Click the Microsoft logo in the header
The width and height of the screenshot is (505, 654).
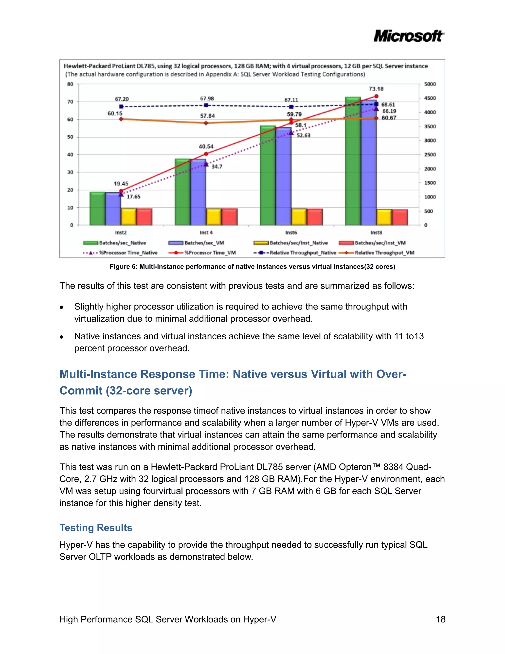409,36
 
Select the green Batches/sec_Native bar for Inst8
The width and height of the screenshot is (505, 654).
353,162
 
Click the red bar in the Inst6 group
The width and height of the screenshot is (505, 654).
315,217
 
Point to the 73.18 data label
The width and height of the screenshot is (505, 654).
376,89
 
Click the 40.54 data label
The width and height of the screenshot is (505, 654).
206,146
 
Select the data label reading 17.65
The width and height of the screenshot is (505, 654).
133,197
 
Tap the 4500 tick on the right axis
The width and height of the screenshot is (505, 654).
430,98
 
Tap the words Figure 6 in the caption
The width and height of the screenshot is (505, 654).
123,267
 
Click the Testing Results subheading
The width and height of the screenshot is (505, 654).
96,528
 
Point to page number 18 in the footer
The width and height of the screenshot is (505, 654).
440,619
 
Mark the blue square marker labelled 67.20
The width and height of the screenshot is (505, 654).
121,107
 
